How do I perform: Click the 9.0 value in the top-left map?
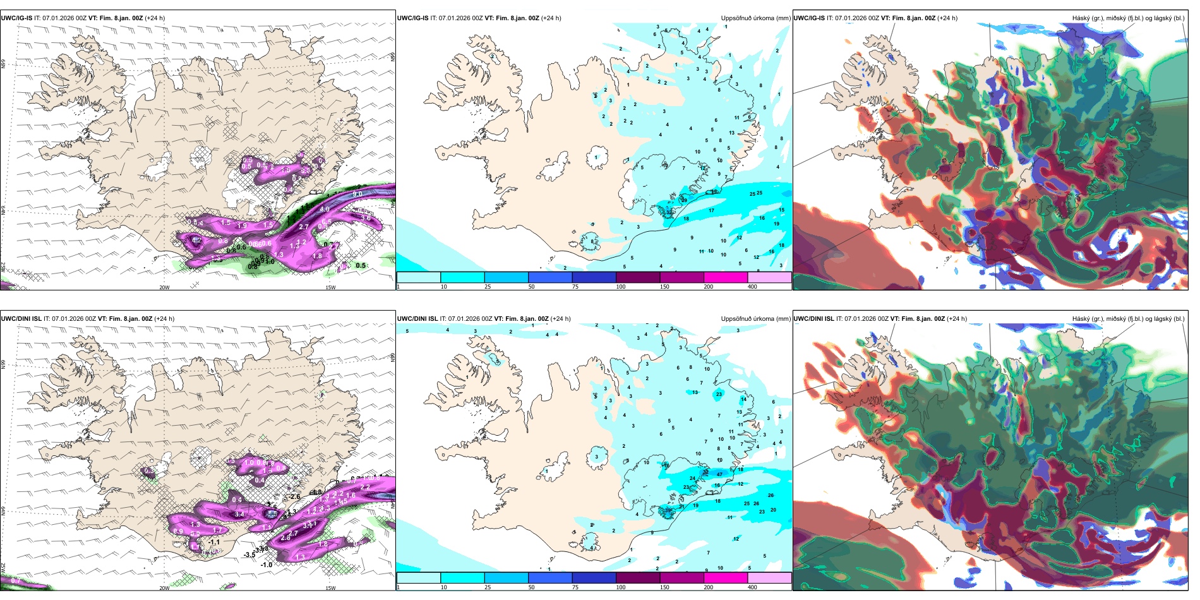(x=357, y=194)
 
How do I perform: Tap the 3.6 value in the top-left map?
(x=366, y=219)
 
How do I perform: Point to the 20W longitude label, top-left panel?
(x=164, y=287)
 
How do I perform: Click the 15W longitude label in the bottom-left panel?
(x=330, y=588)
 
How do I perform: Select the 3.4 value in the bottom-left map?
(x=239, y=515)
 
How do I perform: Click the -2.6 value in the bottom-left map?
(x=294, y=497)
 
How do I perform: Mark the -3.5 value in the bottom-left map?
(x=249, y=555)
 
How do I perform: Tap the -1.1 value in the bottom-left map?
(x=214, y=542)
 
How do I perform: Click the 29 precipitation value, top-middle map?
(x=683, y=200)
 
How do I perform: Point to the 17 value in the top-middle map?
(x=711, y=211)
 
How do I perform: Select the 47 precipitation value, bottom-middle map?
(x=719, y=474)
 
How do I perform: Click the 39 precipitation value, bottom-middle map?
(x=669, y=510)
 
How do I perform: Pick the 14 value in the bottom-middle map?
(x=743, y=399)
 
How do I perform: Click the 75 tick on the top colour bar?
(x=575, y=287)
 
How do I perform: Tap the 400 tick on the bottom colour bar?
(x=752, y=587)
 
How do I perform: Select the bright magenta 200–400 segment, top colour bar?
(x=726, y=277)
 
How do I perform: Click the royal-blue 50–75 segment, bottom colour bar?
(x=550, y=578)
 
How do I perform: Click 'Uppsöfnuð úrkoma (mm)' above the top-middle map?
(x=755, y=18)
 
